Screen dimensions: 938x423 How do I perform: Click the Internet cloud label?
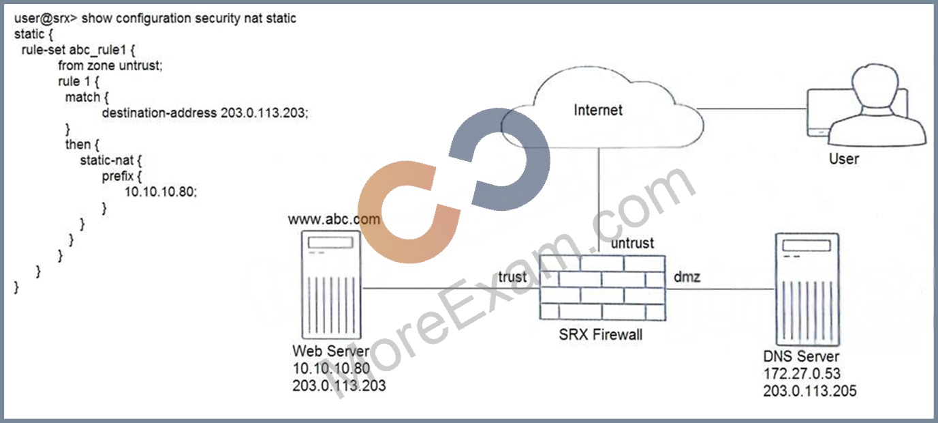click(x=597, y=110)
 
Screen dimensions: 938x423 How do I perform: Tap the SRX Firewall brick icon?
click(x=602, y=288)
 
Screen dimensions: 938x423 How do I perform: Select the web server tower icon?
click(x=331, y=285)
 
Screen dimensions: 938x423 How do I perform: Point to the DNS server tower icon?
click(x=807, y=289)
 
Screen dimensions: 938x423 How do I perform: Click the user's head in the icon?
click(x=875, y=89)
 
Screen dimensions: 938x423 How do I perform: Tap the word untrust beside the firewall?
click(x=632, y=243)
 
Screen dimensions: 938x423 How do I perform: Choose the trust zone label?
click(x=512, y=277)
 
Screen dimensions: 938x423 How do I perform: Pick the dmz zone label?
click(x=687, y=277)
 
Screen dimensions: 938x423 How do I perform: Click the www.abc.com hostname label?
click(x=334, y=219)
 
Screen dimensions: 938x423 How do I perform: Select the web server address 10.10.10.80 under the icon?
click(x=331, y=368)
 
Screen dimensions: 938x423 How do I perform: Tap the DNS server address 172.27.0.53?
click(x=802, y=373)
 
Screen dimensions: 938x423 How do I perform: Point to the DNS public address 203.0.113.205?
click(x=809, y=391)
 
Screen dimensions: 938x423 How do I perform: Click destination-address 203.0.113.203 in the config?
click(x=205, y=113)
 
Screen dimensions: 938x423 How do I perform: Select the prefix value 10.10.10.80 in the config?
click(x=160, y=192)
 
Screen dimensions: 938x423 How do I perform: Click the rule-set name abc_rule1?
click(x=97, y=50)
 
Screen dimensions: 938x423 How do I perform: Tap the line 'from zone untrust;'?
click(x=110, y=65)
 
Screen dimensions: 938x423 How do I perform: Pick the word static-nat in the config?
click(x=107, y=160)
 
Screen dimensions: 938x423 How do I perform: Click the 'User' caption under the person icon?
click(x=844, y=159)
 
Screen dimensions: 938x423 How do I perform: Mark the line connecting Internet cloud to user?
click(x=751, y=108)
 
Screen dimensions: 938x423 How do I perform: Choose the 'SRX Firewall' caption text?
click(x=601, y=334)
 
